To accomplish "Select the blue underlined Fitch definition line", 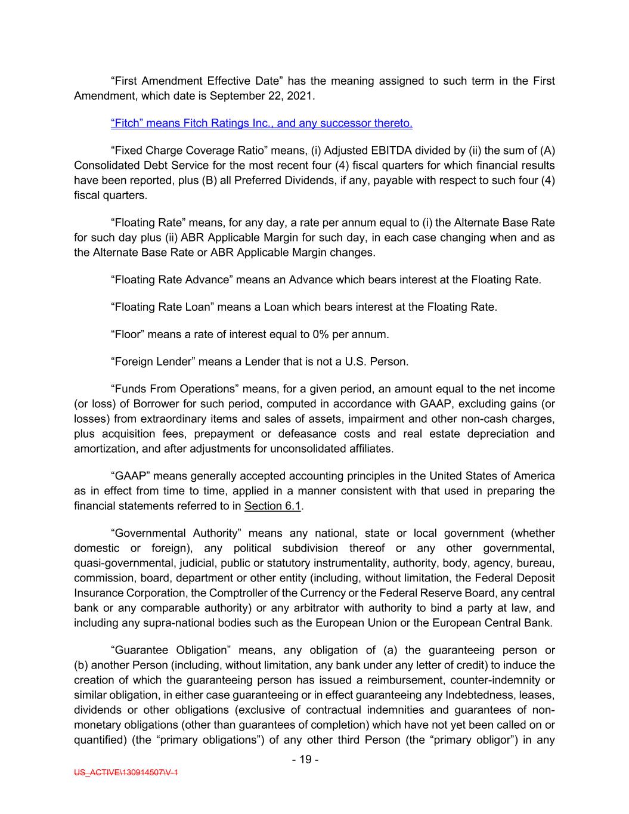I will (x=262, y=123).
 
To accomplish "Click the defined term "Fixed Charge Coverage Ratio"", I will (x=181, y=151).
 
